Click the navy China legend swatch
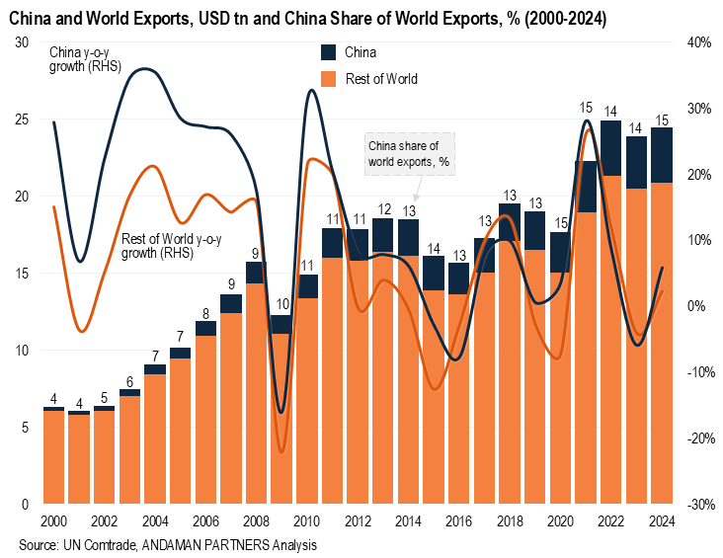pyautogui.click(x=329, y=52)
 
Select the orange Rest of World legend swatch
pyautogui.click(x=329, y=79)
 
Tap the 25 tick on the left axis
pyautogui.click(x=21, y=120)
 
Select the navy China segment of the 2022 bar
pyautogui.click(x=611, y=148)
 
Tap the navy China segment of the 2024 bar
pyautogui.click(x=662, y=155)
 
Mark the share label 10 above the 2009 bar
pyautogui.click(x=282, y=304)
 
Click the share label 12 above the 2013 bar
pyautogui.click(x=384, y=209)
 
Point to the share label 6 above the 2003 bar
pyautogui.click(x=129, y=381)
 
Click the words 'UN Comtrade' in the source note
pyautogui.click(x=98, y=544)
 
